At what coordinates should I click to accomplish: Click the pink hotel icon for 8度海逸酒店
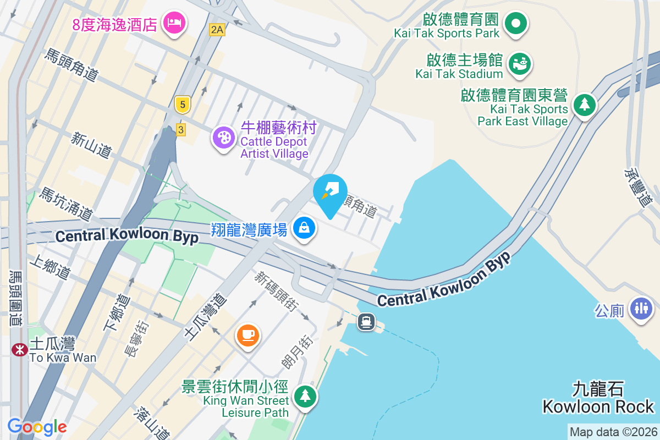[x=175, y=23]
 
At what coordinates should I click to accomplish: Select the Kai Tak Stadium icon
[x=519, y=64]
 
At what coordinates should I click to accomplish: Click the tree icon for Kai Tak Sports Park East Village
[x=584, y=104]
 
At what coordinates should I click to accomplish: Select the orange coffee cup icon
[x=247, y=334]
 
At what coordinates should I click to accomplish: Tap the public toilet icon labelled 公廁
[x=641, y=307]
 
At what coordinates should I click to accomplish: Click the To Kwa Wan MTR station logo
[x=20, y=349]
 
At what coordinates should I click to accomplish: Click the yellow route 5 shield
[x=182, y=104]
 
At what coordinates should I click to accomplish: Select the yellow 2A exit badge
[x=217, y=30]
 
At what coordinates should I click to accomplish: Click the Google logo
[x=37, y=426]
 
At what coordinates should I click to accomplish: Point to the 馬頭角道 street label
[x=71, y=65]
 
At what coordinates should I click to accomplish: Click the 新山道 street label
[x=91, y=145]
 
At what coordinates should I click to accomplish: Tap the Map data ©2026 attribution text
[x=613, y=432]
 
